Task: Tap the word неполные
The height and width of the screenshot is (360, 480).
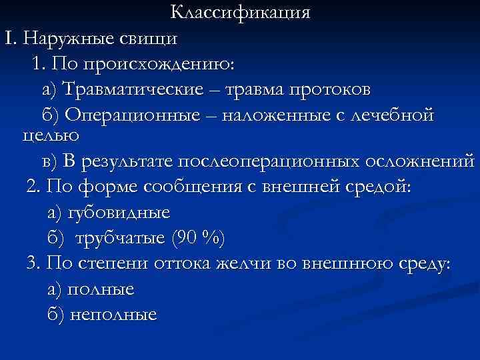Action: pyautogui.click(x=112, y=314)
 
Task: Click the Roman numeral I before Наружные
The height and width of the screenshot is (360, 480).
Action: pyautogui.click(x=9, y=38)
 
